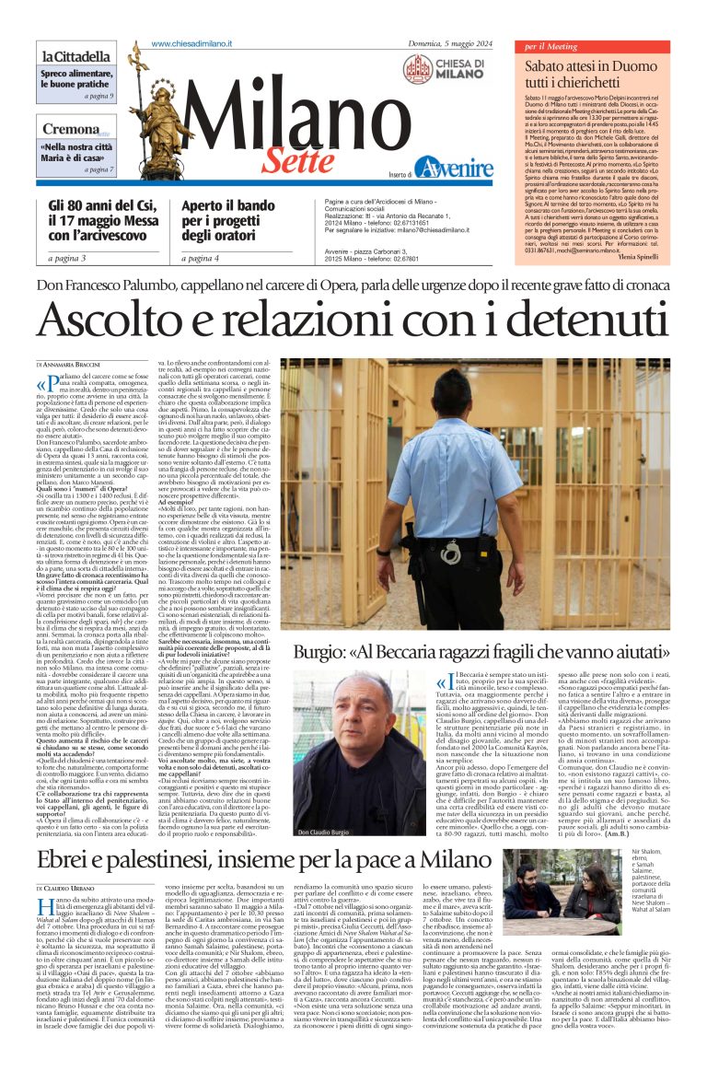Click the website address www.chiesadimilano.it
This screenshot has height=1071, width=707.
[191, 44]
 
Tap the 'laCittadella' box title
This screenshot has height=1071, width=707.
[77, 58]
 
